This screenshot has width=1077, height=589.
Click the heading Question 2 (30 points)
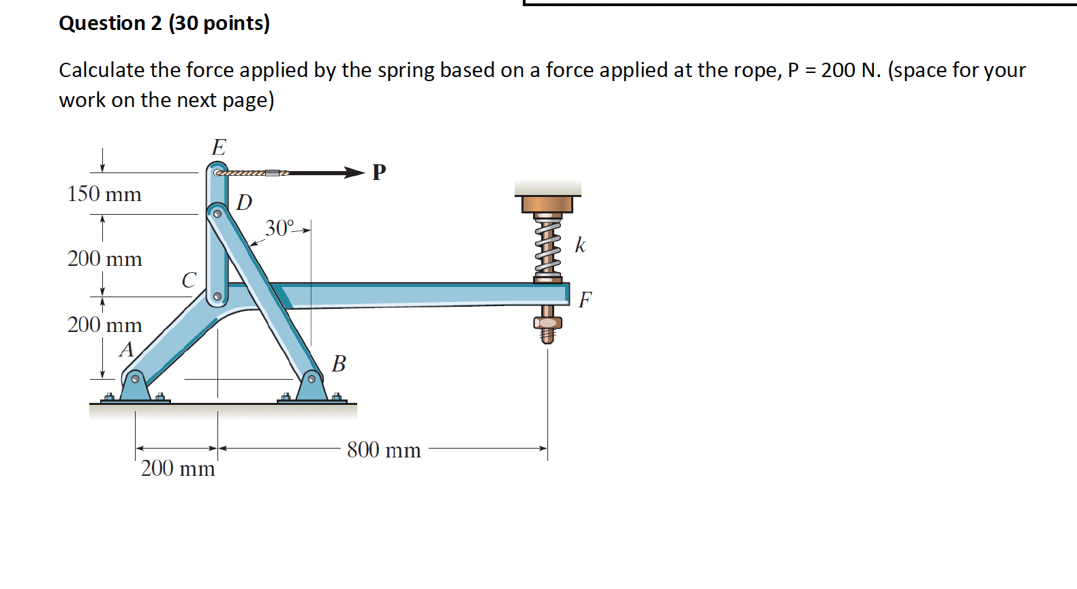click(164, 23)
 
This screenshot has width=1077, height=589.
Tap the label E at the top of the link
click(219, 147)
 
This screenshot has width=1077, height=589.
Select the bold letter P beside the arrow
click(379, 172)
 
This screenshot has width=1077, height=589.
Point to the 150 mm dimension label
click(104, 194)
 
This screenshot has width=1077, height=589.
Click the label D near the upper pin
click(244, 202)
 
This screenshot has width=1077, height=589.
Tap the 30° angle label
click(279, 228)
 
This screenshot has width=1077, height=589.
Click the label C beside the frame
click(189, 280)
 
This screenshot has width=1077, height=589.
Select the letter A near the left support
click(127, 350)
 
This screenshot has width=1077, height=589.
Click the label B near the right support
click(339, 364)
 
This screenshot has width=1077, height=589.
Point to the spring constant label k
click(580, 245)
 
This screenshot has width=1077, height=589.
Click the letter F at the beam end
click(585, 300)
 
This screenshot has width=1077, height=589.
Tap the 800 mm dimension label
click(384, 450)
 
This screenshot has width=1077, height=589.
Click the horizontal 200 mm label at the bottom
click(178, 468)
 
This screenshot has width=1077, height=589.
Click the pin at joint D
click(217, 213)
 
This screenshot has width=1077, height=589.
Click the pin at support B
click(312, 378)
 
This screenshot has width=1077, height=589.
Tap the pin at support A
click(135, 379)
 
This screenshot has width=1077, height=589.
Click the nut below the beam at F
click(547, 322)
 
